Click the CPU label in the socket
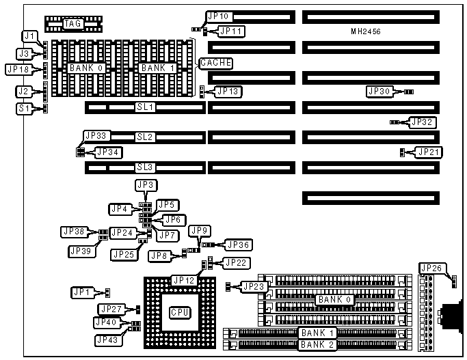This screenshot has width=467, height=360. tap(180, 312)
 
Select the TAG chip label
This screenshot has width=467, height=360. tap(73, 24)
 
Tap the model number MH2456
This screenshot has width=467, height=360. tap(366, 32)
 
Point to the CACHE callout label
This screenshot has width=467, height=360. tap(215, 64)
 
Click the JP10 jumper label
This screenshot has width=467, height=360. tap(219, 16)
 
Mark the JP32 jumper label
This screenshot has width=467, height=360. tap(421, 122)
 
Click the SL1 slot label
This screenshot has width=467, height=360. tap(146, 107)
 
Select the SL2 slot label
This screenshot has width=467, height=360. tap(146, 137)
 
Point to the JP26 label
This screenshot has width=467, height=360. tap(433, 268)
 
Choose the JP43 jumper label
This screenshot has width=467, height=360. tap(109, 339)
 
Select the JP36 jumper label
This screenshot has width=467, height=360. tap(239, 245)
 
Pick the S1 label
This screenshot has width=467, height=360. tap(25, 108)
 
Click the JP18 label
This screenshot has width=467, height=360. tap(18, 69)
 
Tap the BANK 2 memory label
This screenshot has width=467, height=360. tap(316, 344)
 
